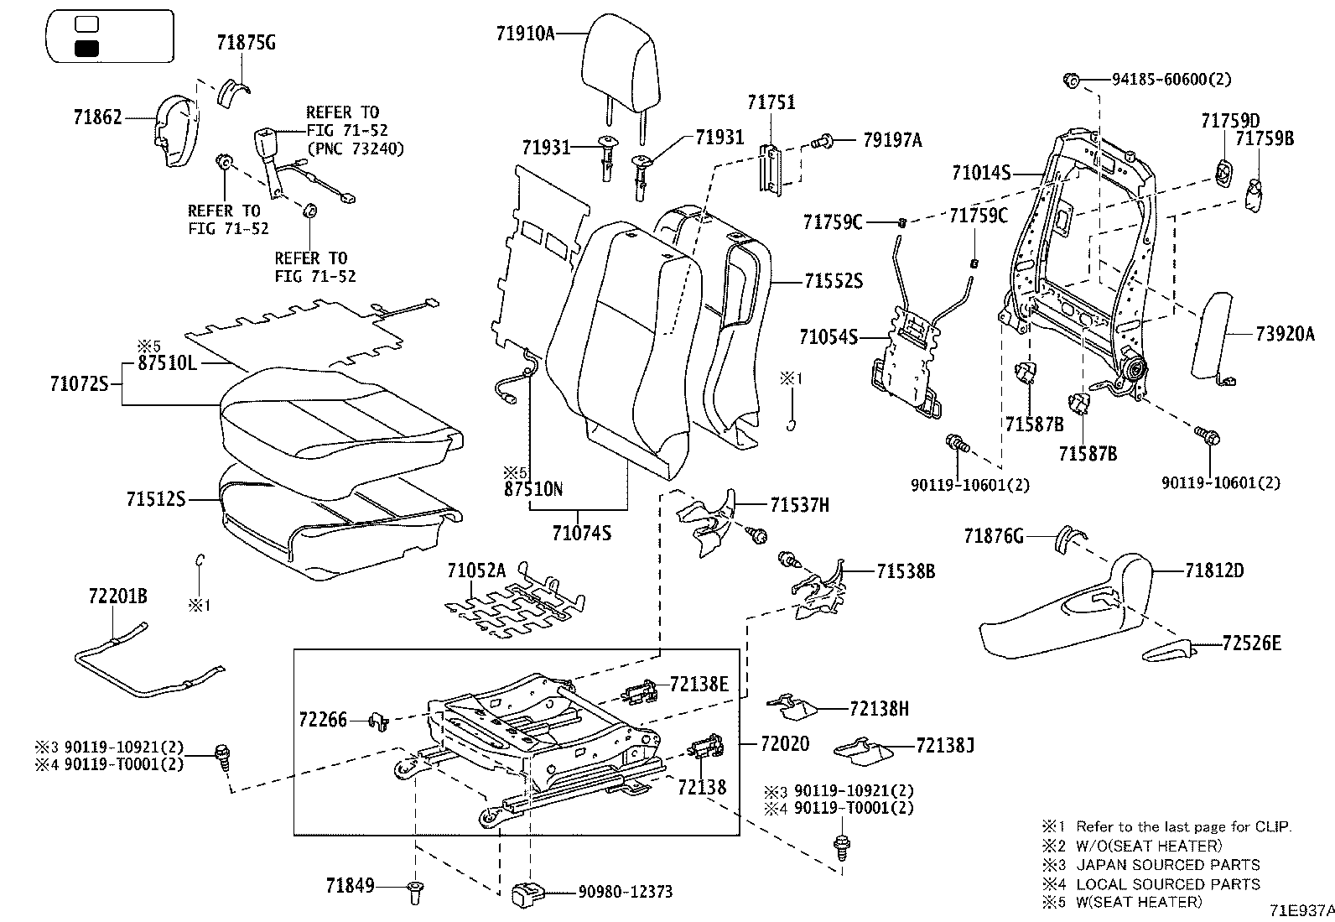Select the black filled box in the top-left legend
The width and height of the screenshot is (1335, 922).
click(86, 48)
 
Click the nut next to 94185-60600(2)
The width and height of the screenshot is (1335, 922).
click(1071, 80)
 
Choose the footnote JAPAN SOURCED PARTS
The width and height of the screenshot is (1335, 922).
click(1167, 865)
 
